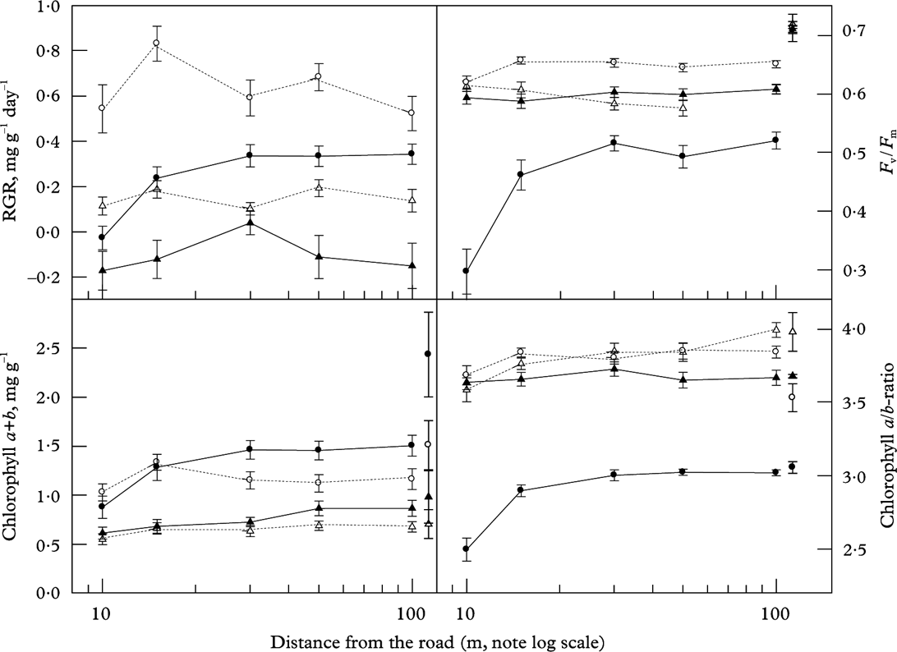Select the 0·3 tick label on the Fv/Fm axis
[x=870, y=270]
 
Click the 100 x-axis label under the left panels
[x=411, y=613]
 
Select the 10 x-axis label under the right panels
[x=467, y=613]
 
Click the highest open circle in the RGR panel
[x=156, y=43]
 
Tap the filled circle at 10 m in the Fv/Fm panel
[x=467, y=271]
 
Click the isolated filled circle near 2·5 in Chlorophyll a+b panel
[x=427, y=353]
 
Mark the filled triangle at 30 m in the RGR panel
[x=249, y=223]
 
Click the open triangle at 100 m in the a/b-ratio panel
[x=775, y=329]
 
